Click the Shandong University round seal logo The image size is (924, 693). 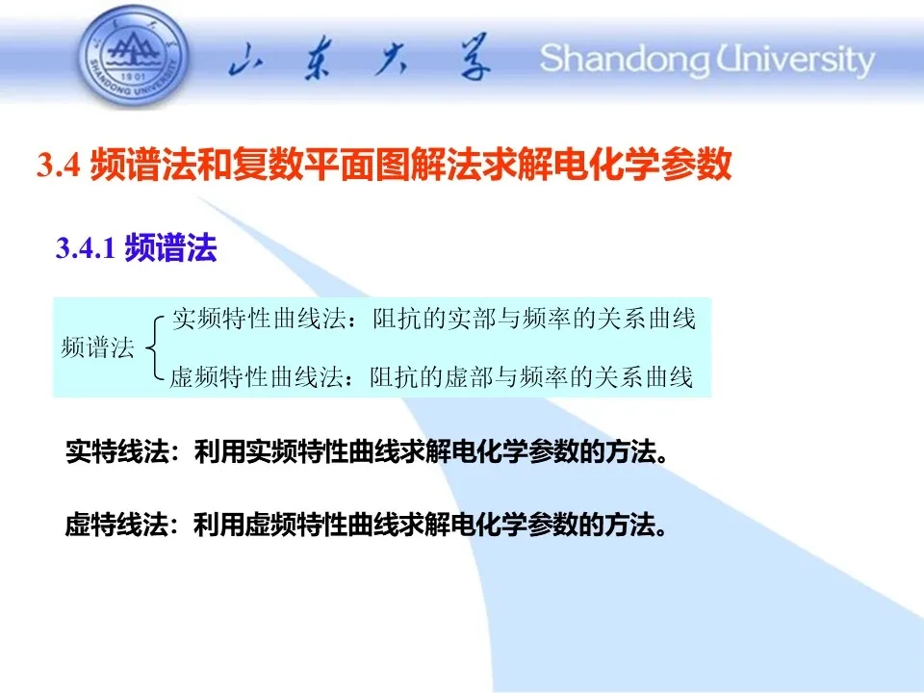coord(134,58)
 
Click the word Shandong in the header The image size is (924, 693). coord(626,60)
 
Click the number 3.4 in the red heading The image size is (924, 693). coord(59,165)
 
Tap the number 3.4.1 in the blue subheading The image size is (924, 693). coord(86,247)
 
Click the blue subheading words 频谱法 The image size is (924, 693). coord(171,247)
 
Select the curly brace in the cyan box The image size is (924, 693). coord(154,347)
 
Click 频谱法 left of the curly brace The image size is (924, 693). coord(98,347)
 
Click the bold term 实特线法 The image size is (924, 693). coord(117,452)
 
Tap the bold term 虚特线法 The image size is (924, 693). coord(116,525)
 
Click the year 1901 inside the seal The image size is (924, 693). coord(133,77)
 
